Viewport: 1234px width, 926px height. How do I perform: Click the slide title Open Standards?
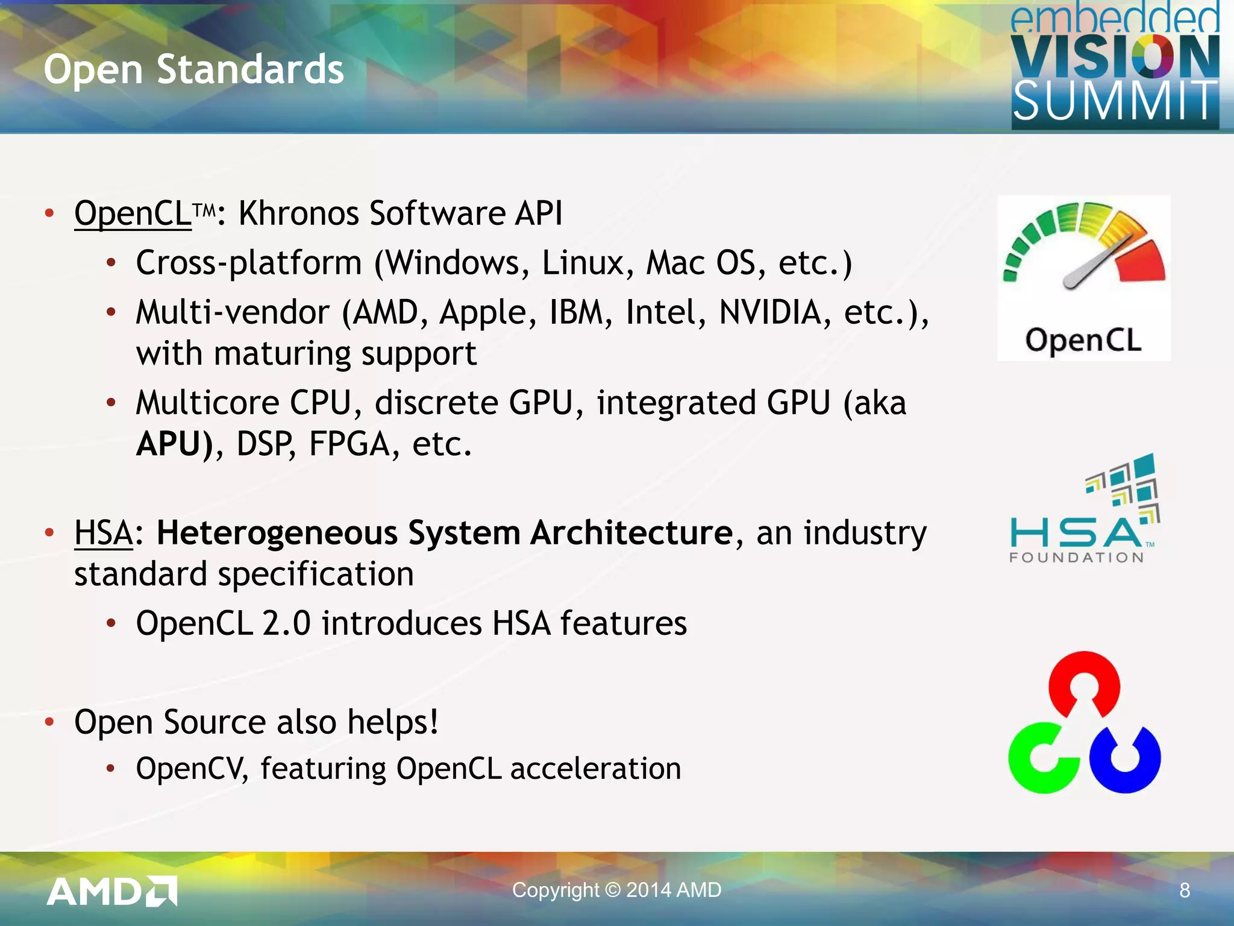[193, 69]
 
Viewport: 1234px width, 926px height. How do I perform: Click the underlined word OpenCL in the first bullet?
[133, 213]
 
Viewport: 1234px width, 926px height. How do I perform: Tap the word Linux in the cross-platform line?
[587, 263]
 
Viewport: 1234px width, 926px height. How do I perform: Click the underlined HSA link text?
[103, 533]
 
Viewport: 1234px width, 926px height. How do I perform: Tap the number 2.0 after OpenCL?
[286, 623]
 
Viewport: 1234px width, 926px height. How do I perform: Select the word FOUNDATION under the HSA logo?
[1076, 558]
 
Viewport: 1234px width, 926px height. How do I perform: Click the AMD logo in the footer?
[112, 891]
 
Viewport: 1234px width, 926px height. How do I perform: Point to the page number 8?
[1184, 890]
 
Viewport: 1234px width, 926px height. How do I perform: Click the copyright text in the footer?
[616, 890]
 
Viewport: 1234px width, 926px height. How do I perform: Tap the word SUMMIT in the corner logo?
[1115, 101]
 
